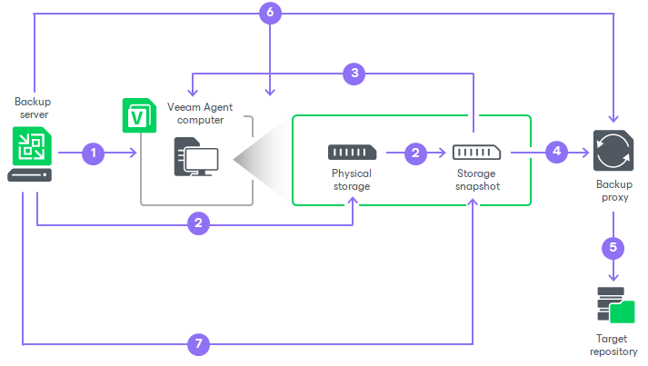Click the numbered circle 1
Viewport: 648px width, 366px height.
93,153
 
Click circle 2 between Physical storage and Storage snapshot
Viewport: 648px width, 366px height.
415,153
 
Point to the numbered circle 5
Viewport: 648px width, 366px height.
613,245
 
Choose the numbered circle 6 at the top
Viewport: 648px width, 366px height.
270,13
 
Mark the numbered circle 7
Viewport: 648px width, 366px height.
199,344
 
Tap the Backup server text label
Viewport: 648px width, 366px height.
34,107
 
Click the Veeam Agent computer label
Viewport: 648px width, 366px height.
195,114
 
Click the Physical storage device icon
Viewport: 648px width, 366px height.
351,153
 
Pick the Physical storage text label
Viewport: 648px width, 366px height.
351,179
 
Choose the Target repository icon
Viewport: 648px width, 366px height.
614,305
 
